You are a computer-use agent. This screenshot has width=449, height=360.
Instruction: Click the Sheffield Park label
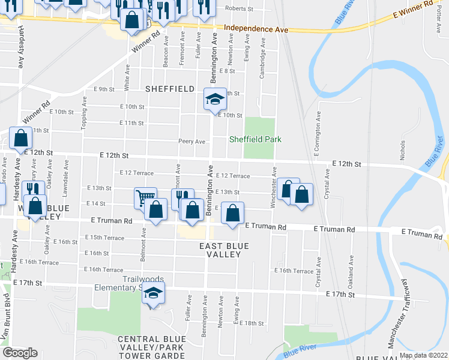click(255, 140)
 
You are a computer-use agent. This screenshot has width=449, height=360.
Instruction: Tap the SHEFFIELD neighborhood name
click(170, 89)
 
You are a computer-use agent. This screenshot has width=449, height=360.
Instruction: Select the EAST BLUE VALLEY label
click(220, 250)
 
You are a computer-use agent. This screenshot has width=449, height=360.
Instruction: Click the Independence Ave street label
click(256, 29)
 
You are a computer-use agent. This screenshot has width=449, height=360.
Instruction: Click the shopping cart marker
click(145, 198)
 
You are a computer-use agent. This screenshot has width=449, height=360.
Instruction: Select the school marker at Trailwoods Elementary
click(154, 294)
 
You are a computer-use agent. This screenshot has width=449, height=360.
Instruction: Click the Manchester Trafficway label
click(400, 313)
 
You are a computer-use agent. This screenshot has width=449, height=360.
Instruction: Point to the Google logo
click(20, 353)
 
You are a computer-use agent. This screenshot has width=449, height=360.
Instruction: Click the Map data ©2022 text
click(423, 355)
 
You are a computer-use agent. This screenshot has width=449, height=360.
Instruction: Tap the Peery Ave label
click(192, 142)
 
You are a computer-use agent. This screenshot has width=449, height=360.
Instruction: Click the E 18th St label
click(252, 323)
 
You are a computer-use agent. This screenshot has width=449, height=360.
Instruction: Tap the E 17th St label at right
click(340, 294)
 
